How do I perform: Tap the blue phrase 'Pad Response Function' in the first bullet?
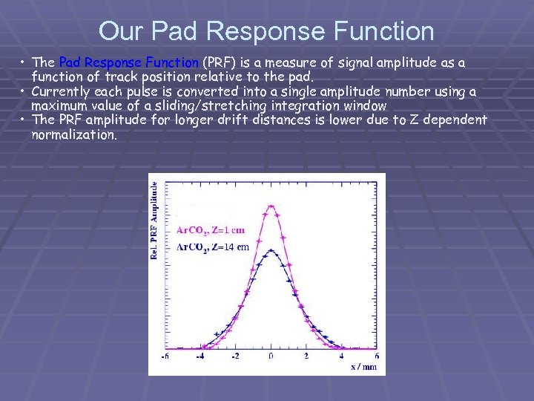[128, 62]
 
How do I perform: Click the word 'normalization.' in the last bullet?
[74, 134]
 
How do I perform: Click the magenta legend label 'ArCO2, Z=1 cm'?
[210, 230]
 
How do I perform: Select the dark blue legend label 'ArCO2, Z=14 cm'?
[212, 247]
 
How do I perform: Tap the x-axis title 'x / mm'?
[364, 365]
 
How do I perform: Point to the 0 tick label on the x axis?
[271, 356]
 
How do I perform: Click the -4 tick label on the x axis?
[199, 356]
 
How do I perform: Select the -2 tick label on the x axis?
[234, 356]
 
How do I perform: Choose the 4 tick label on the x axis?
[342, 356]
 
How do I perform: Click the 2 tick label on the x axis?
[306, 356]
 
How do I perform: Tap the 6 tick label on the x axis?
[377, 356]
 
